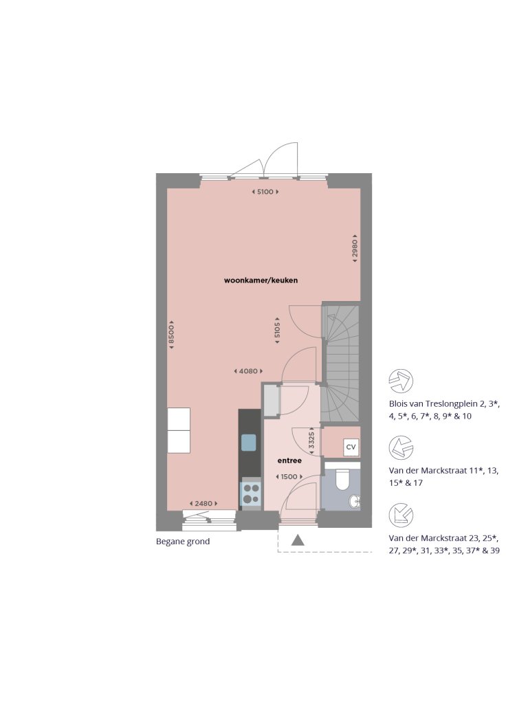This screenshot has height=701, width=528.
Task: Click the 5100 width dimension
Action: (265, 192)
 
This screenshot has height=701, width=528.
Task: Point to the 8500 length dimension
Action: (172, 333)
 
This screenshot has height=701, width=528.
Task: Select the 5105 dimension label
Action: (276, 330)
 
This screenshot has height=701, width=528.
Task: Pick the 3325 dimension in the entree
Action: (311, 440)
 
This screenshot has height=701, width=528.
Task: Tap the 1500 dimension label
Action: (287, 477)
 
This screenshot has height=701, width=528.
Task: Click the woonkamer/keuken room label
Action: (261, 280)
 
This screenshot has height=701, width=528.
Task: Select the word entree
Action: (289, 460)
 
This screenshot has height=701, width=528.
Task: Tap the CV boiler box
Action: (351, 447)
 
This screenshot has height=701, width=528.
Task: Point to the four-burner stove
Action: (250, 493)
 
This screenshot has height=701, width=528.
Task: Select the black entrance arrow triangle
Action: (298, 540)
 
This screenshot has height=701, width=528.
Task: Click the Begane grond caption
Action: (183, 542)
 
